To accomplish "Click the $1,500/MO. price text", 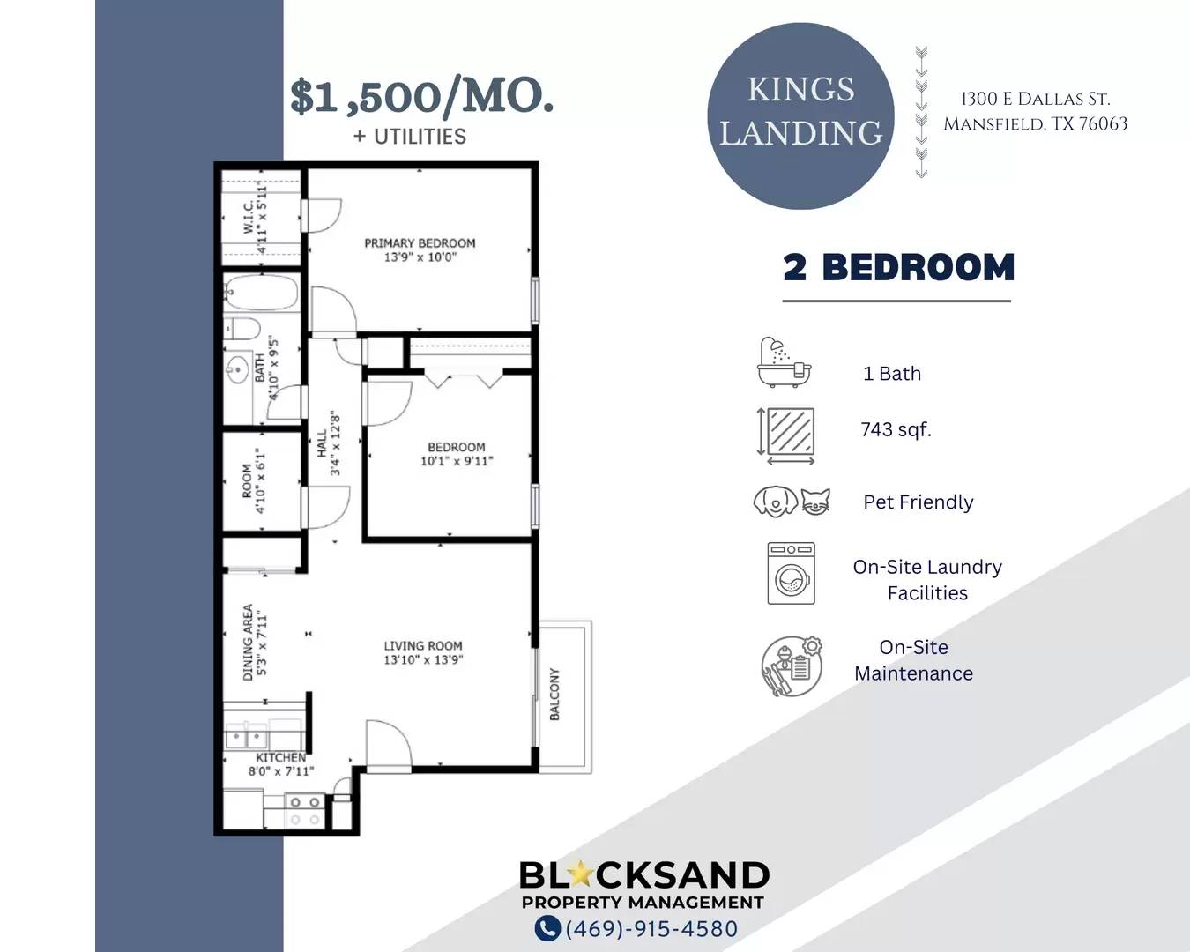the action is click(422, 97).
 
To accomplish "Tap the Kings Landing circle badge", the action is click(800, 116).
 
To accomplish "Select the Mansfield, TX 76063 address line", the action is click(1035, 123).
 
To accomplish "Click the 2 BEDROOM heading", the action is click(899, 268).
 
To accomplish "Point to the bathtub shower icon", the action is click(785, 361).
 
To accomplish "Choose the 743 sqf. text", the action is click(896, 429).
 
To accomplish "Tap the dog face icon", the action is click(776, 502).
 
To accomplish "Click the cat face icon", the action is click(815, 502).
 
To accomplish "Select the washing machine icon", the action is click(792, 573).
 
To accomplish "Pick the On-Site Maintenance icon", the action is click(792, 666).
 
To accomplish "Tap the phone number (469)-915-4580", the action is click(651, 929).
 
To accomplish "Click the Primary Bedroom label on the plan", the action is click(420, 250).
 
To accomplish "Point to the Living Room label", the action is click(423, 652).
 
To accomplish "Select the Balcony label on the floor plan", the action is click(554, 695).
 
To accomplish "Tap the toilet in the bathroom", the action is click(242, 329).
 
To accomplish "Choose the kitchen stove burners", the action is click(305, 811).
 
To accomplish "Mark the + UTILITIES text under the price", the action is click(410, 137).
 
